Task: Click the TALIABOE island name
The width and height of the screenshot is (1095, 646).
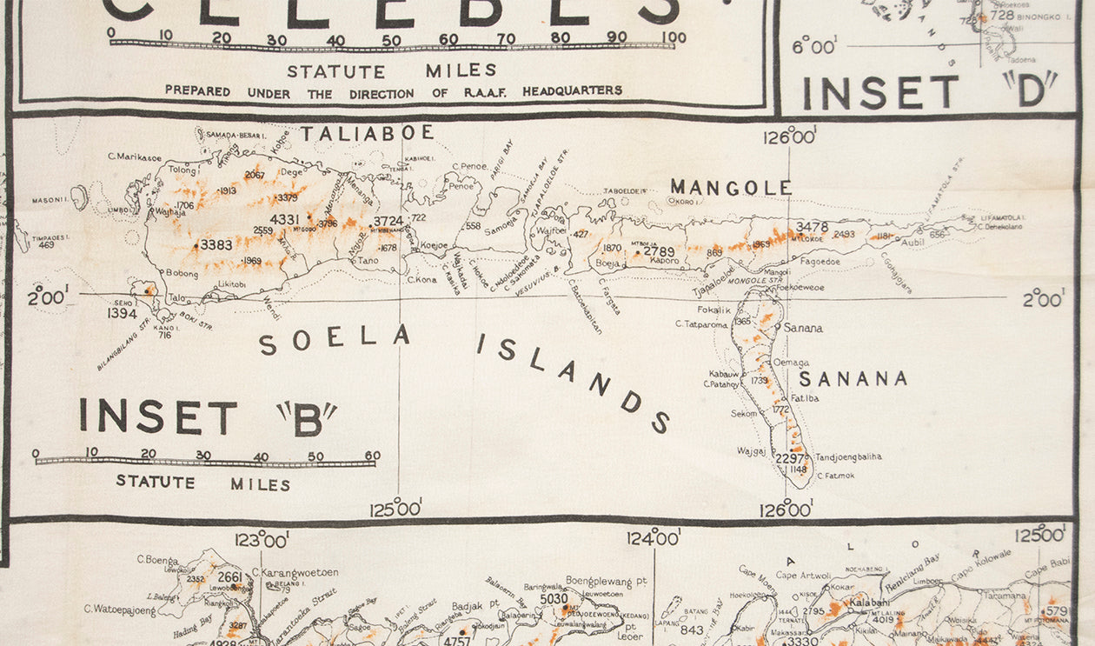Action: (367, 133)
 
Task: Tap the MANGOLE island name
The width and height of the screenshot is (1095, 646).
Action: (731, 187)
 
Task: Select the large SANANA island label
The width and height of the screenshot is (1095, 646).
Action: (853, 378)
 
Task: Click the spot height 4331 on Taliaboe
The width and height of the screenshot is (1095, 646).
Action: (284, 219)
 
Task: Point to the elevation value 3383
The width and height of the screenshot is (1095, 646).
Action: (216, 245)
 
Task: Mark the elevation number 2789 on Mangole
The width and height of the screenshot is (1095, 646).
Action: (659, 252)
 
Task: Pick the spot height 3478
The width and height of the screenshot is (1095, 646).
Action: (812, 227)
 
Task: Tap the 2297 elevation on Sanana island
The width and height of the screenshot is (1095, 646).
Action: (790, 458)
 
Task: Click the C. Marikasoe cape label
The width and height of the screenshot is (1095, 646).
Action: (135, 157)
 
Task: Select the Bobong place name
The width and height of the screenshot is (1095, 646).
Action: (181, 273)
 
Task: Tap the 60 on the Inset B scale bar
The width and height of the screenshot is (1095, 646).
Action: (372, 455)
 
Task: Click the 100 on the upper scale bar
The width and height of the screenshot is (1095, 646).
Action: (673, 37)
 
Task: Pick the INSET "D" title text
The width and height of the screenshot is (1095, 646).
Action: (928, 90)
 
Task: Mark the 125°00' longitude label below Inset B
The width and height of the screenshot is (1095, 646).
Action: (396, 508)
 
